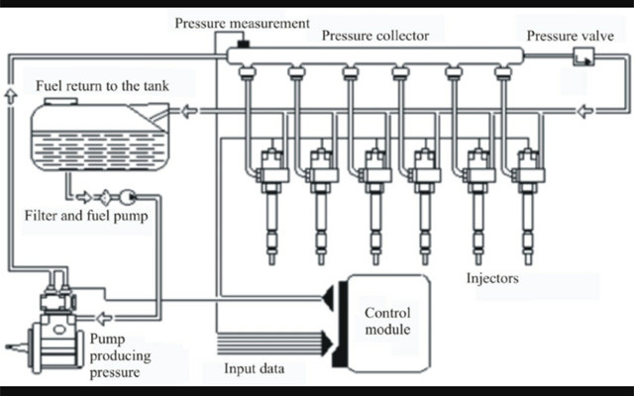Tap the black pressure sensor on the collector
[241, 45]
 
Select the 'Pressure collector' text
[375, 36]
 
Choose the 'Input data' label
[254, 369]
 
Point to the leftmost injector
[269, 198]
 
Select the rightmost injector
[526, 198]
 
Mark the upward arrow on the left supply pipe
[10, 94]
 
